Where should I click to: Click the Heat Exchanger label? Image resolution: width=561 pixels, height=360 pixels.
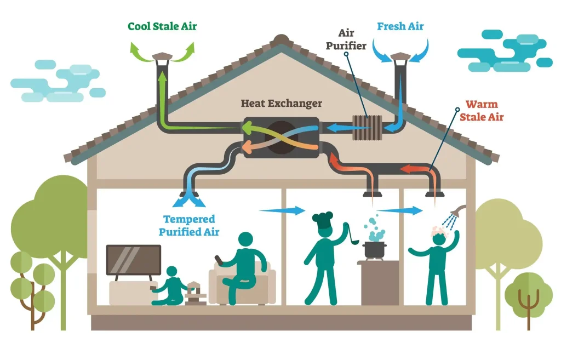coord(282,104)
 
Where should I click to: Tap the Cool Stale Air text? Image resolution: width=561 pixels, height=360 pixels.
coord(162,26)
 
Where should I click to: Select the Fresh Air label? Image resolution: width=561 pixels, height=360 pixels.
coord(400,26)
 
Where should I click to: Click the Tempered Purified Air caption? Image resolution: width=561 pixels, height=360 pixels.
coord(189,226)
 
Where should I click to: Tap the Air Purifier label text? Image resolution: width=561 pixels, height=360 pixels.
coord(346,40)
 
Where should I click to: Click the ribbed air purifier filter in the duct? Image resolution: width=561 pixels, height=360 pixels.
coord(367,128)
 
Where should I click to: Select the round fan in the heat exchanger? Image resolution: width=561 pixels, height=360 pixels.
coord(282,136)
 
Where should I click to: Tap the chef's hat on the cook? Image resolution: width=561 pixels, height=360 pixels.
coord(323,219)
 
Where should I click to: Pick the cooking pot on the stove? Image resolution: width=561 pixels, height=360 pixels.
coord(375,248)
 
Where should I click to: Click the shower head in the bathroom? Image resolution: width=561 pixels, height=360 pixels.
coord(462,210)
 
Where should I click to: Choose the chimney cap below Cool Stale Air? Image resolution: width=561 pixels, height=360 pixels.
coord(162,56)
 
